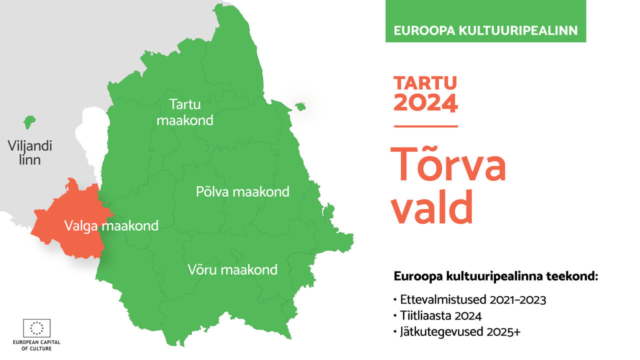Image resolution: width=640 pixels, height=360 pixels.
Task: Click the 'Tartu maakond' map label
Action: click(x=185, y=112)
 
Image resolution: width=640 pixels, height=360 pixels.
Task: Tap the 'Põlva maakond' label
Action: click(x=242, y=191)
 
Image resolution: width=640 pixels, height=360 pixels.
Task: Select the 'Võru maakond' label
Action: click(x=232, y=269)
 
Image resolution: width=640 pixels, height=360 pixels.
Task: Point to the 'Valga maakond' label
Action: click(x=111, y=225)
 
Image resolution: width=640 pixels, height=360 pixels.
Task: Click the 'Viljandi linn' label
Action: click(x=29, y=152)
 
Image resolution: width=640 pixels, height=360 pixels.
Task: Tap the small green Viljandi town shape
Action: click(x=29, y=122)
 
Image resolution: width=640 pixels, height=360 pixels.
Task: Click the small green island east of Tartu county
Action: click(x=300, y=106)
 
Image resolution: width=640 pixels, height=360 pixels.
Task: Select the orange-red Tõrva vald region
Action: click(x=71, y=223)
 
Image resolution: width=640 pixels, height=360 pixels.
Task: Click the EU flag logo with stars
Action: click(x=37, y=328)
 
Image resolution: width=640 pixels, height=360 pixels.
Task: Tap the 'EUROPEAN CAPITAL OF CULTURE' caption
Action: click(x=36, y=345)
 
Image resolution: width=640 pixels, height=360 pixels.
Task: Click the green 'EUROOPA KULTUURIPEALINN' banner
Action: click(x=485, y=21)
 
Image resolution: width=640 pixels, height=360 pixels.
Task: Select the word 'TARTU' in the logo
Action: click(x=425, y=83)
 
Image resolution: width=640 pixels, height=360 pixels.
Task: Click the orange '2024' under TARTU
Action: click(x=425, y=103)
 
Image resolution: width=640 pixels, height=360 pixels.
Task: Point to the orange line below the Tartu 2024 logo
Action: click(x=426, y=126)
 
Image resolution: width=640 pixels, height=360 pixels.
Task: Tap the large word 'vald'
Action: click(x=432, y=206)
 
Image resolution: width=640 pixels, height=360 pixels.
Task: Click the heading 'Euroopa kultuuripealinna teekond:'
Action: click(x=495, y=276)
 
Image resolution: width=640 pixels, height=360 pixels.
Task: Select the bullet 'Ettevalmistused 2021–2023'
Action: click(x=470, y=299)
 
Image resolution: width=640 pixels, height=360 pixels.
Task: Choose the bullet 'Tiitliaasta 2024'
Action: click(x=437, y=315)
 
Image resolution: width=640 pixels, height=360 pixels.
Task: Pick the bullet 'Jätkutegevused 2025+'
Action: click(x=457, y=331)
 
